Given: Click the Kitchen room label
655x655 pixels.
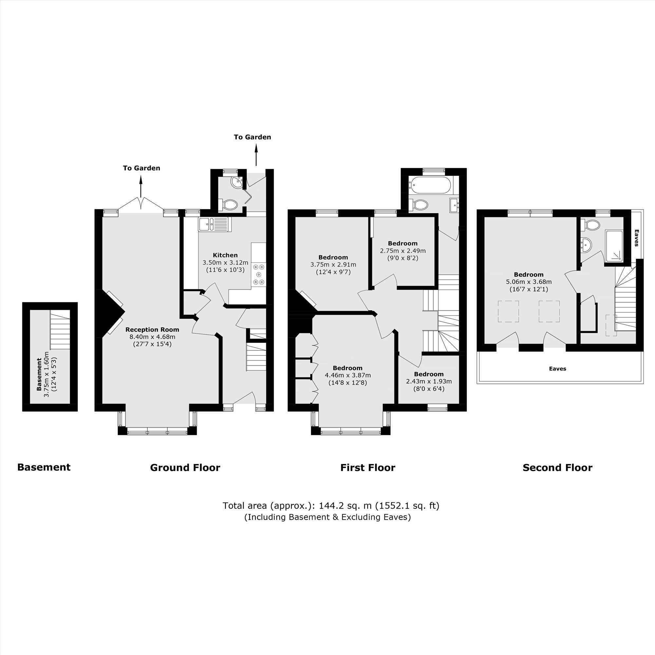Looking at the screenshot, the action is pyautogui.click(x=225, y=255).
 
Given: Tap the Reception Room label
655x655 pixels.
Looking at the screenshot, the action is pyautogui.click(x=152, y=329).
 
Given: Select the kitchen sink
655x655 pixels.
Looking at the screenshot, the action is pyautogui.click(x=214, y=224).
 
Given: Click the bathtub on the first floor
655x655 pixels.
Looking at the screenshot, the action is pyautogui.click(x=430, y=184).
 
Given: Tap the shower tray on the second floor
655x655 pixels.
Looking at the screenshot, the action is pyautogui.click(x=614, y=246).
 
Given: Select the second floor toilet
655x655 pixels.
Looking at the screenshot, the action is pyautogui.click(x=590, y=224).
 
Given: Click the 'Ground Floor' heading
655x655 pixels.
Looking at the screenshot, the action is pyautogui.click(x=185, y=468).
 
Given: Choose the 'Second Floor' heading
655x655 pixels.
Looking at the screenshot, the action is pyautogui.click(x=557, y=468).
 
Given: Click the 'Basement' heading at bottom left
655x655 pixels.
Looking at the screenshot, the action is pyautogui.click(x=44, y=467).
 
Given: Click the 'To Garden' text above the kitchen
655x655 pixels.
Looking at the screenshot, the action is pyautogui.click(x=252, y=137).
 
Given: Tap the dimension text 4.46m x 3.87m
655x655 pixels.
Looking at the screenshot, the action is pyautogui.click(x=348, y=375).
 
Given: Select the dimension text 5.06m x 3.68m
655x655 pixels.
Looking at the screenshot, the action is pyautogui.click(x=529, y=282).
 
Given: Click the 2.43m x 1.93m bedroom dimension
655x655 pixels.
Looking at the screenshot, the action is pyautogui.click(x=429, y=382).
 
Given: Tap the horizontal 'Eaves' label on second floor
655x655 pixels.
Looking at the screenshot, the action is pyautogui.click(x=557, y=368).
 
